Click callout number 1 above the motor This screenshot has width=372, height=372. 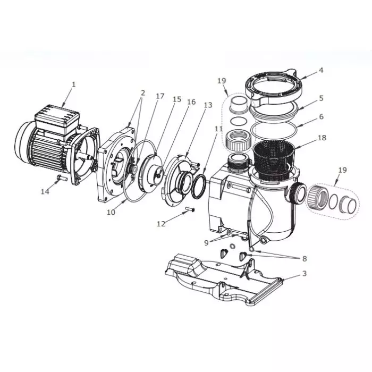[x=74, y=84]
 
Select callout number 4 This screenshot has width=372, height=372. [x=320, y=70]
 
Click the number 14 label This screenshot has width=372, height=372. [x=46, y=191]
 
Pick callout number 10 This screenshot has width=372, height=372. [x=111, y=212]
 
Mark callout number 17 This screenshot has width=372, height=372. [x=160, y=96]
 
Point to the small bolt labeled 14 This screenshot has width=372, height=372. [x=62, y=179]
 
